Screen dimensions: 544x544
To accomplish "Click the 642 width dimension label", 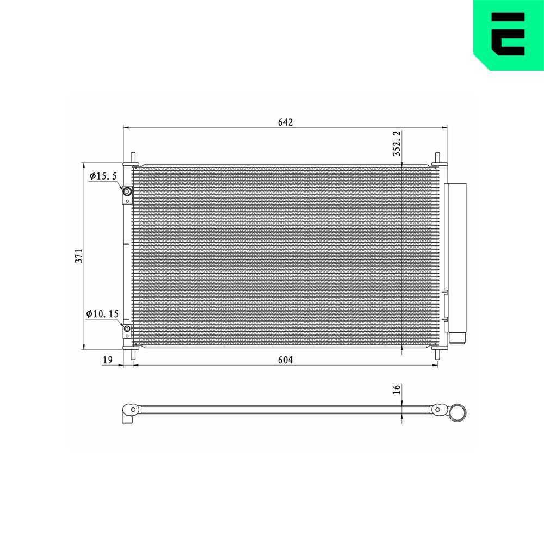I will point(286,122).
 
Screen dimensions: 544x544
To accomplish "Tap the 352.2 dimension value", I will point(397,144).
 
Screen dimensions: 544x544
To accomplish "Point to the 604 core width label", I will point(285,360).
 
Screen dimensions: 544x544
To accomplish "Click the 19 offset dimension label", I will point(107,360).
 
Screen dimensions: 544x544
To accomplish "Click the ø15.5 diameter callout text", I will point(103,176).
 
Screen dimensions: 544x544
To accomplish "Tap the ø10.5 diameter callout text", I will point(102,314).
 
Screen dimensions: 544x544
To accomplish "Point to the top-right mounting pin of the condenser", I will point(437,158).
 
